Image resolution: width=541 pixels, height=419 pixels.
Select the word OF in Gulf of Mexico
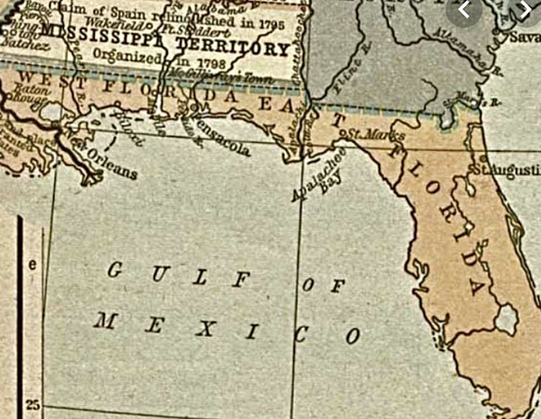pyautogui.click(x=323, y=284)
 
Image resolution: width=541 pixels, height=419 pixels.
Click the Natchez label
pyautogui.click(x=20, y=41)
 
